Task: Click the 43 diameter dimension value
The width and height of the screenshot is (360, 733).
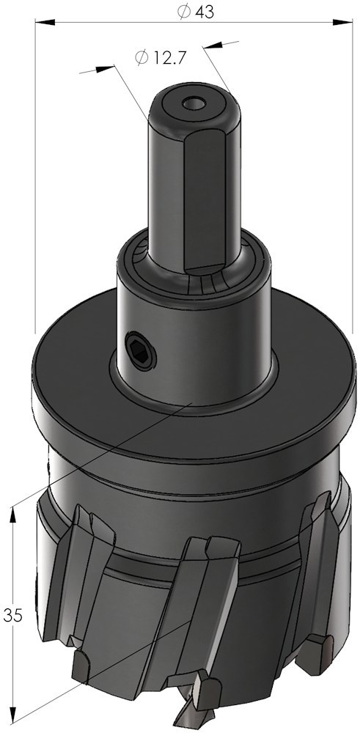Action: tap(205, 12)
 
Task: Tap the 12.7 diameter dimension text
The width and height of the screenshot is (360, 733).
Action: tap(168, 57)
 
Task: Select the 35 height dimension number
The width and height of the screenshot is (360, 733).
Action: tap(12, 615)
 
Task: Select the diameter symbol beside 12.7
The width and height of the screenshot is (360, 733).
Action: tap(141, 57)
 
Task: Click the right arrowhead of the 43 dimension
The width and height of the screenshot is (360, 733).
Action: tap(342, 22)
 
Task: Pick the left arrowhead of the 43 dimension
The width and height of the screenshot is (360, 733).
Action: tap(45, 22)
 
